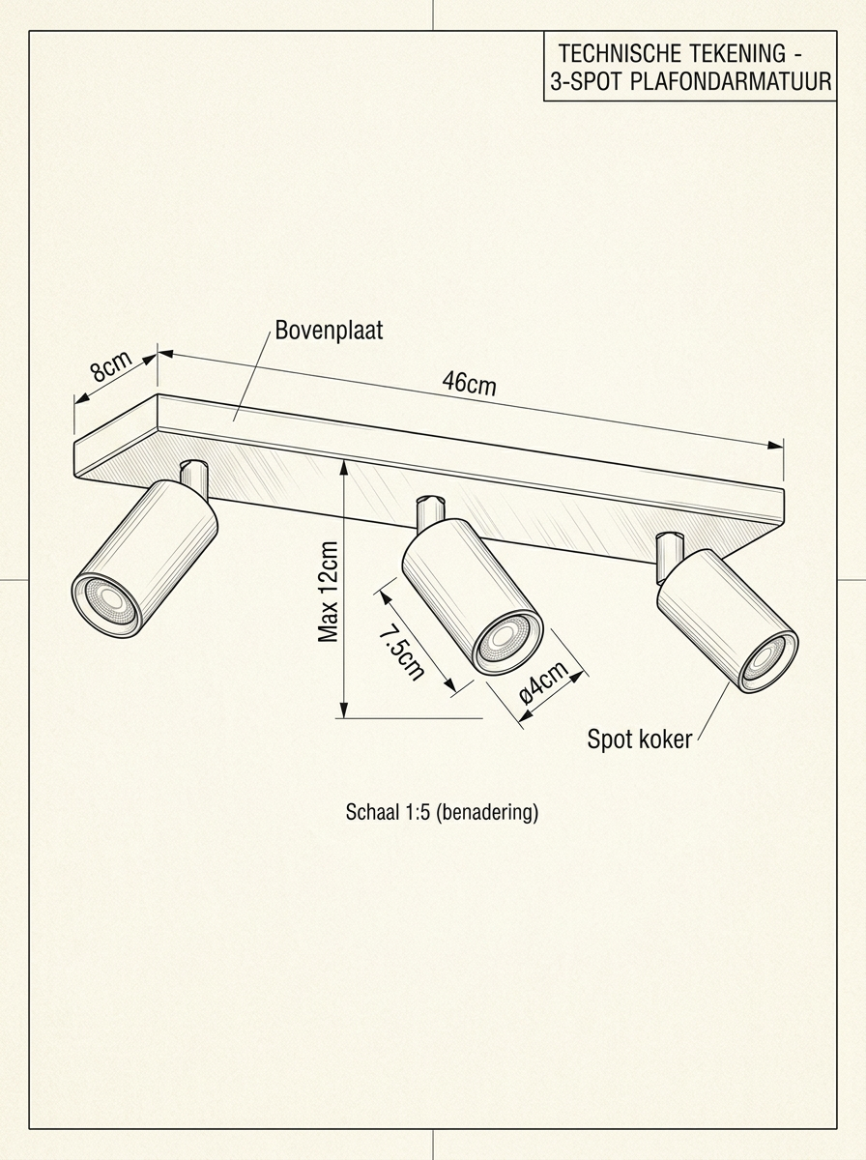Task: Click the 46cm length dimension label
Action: [x=469, y=383]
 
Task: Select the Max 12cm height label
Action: [x=329, y=592]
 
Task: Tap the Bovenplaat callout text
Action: [x=329, y=331]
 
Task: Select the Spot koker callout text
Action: [x=640, y=740]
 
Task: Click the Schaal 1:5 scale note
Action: [x=442, y=812]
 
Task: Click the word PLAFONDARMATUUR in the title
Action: [x=730, y=83]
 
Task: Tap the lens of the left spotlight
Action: [x=109, y=599]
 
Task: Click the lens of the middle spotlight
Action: [x=505, y=637]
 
